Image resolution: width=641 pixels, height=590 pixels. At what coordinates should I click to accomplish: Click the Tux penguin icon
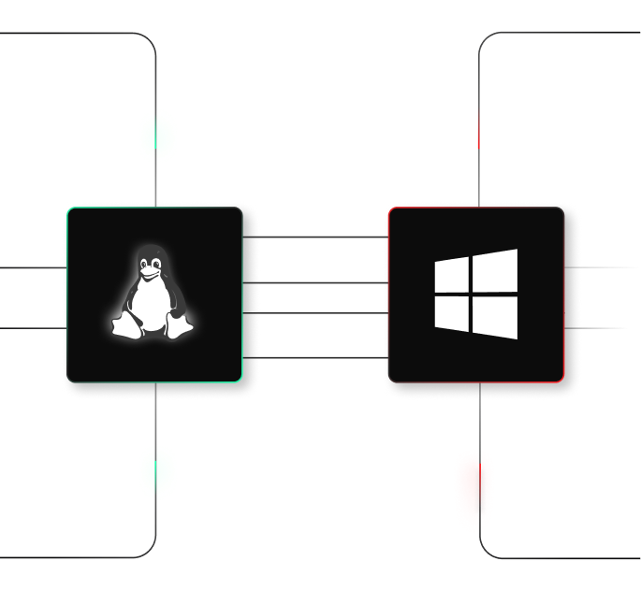(x=153, y=293)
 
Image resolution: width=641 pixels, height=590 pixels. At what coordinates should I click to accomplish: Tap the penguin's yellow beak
(x=150, y=273)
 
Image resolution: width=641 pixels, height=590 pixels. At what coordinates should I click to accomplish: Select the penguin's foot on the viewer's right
(x=178, y=326)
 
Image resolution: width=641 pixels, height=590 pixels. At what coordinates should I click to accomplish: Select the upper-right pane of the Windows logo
(x=495, y=270)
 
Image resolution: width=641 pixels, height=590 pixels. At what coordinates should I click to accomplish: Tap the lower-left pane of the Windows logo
(x=451, y=312)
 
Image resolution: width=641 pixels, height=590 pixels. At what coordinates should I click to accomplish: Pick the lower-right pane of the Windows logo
(x=495, y=317)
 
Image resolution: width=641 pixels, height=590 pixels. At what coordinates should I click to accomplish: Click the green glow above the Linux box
(x=157, y=135)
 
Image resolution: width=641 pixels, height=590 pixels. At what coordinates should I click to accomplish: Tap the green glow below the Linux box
(x=157, y=472)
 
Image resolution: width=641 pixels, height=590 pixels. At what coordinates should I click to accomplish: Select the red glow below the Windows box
(x=474, y=490)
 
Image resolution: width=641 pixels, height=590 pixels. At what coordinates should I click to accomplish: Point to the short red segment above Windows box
(x=479, y=128)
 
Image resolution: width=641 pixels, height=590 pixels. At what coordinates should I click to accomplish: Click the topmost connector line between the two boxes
(x=315, y=237)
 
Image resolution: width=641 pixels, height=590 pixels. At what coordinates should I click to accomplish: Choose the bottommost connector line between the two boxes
(x=315, y=358)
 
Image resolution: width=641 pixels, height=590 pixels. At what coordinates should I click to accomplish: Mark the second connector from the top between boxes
(x=315, y=282)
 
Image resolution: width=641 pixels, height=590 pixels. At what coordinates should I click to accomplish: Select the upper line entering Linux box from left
(x=33, y=267)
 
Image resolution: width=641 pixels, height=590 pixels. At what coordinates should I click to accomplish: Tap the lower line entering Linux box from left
(x=33, y=328)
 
